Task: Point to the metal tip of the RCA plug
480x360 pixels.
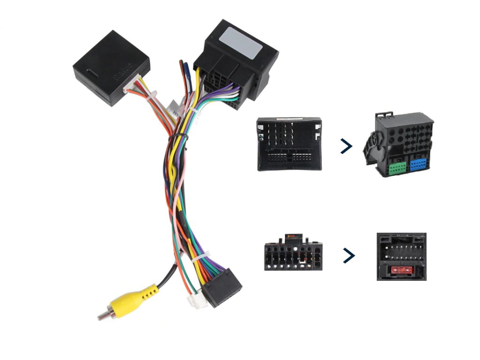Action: coord(101,317)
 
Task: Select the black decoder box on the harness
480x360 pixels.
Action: coord(111,67)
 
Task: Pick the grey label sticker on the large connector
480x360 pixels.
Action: coord(242,43)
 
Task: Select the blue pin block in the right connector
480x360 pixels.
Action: coord(418,165)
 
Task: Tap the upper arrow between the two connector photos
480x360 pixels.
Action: coord(346,146)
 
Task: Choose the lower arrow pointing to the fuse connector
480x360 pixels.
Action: coord(348,255)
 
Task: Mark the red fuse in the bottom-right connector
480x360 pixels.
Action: coord(401,270)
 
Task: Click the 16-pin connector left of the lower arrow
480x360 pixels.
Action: coord(292,254)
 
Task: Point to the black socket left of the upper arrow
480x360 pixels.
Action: coord(289,144)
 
